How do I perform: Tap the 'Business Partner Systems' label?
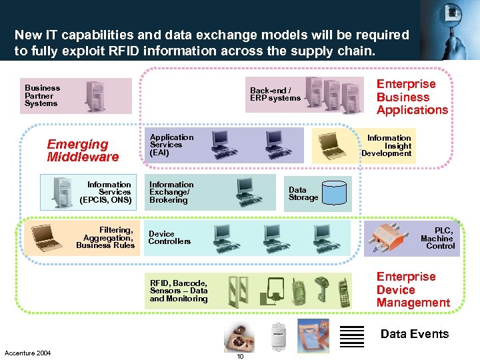tap(42, 95)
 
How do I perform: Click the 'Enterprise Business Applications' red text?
tap(412, 97)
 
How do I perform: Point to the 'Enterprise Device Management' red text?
tap(413, 289)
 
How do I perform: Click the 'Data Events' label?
tap(415, 334)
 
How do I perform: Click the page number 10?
tap(240, 356)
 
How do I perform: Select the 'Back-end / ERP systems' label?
tap(275, 94)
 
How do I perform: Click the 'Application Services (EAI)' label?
tap(171, 145)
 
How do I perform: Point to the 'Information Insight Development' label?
tap(387, 145)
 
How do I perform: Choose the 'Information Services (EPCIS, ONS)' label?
tap(105, 192)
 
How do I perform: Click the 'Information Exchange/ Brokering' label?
tap(171, 192)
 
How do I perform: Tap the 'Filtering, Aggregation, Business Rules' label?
tap(105, 238)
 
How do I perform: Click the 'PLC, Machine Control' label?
tap(437, 238)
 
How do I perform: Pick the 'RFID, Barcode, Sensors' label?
tap(179, 291)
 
